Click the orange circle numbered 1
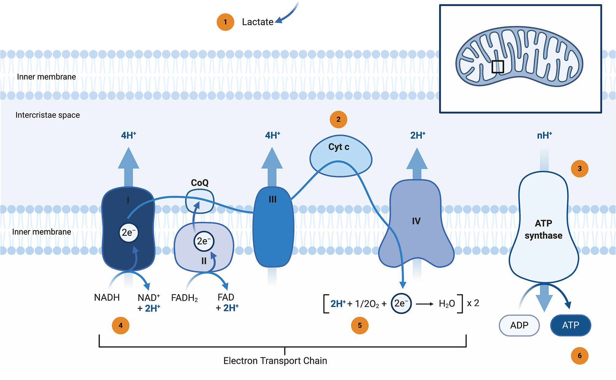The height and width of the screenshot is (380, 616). point(225,22)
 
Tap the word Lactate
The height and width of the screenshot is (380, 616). point(257,22)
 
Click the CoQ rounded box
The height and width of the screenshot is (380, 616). point(200,201)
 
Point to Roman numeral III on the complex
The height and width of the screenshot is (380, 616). point(272,199)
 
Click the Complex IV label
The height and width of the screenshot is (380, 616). point(416,221)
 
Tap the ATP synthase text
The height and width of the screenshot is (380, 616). point(543,229)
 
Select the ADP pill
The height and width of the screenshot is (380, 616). point(519,325)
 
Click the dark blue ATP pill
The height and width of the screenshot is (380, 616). point(571,325)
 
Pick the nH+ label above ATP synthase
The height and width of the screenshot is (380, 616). point(544,135)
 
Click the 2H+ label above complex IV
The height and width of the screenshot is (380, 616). point(418,135)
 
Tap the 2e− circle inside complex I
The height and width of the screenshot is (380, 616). point(129,233)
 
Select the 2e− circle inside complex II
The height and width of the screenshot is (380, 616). point(204,241)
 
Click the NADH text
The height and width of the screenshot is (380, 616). point(107,298)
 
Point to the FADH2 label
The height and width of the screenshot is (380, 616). point(184,298)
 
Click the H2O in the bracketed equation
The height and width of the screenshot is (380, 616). point(447,304)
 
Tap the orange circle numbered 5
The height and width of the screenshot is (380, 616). point(360,325)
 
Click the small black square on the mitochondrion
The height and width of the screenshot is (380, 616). point(498,66)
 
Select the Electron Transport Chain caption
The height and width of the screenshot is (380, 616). point(275,361)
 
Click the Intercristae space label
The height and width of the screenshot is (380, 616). point(48,115)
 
